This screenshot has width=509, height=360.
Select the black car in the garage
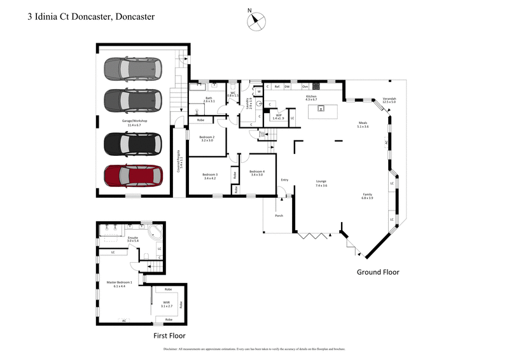click(x=134, y=144)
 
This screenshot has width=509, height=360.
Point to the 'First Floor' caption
click(x=170, y=335)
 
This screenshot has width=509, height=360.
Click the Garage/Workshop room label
click(x=135, y=121)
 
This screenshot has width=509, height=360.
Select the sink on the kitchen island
click(x=322, y=108)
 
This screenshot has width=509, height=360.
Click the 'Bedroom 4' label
click(x=257, y=172)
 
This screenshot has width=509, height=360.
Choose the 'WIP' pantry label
click(x=277, y=115)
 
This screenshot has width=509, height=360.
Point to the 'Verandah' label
click(x=389, y=100)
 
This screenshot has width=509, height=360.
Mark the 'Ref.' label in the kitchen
click(x=277, y=86)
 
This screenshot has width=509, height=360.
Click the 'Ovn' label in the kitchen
click(x=305, y=86)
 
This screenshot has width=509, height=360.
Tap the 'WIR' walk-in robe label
click(x=166, y=304)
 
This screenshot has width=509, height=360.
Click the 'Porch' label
click(x=279, y=216)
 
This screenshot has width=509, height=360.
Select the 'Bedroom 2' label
click(x=207, y=138)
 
